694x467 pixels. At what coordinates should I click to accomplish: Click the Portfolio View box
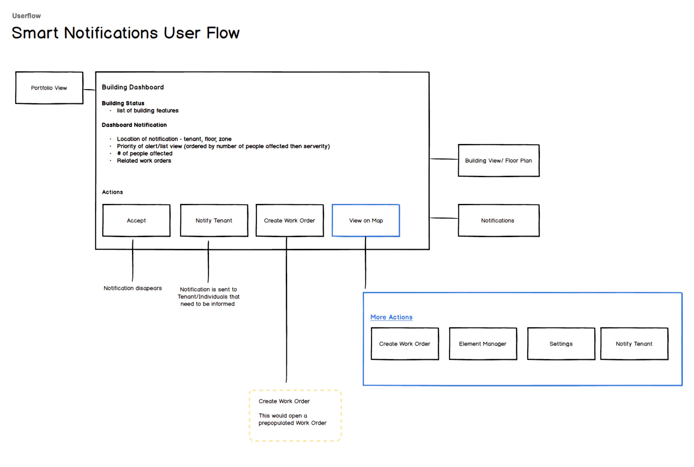tap(49, 88)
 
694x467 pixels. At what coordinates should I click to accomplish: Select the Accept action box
tap(136, 220)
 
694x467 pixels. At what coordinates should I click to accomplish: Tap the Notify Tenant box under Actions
tap(214, 220)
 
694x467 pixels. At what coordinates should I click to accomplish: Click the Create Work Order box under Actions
tap(290, 220)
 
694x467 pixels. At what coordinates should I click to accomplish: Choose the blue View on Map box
tap(366, 220)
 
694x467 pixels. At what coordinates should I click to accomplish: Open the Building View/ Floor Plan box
tap(499, 161)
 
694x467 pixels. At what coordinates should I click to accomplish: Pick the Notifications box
tap(499, 220)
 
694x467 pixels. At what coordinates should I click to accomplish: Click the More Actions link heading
tap(391, 317)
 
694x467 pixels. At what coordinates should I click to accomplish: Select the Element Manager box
tap(483, 344)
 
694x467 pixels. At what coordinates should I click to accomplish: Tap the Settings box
tap(561, 344)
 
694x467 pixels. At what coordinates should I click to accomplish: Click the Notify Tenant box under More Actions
tap(634, 344)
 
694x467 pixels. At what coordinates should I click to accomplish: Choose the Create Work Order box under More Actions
tap(405, 344)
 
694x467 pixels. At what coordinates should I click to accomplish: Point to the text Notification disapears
tap(133, 288)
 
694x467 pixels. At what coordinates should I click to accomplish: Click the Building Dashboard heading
tap(133, 87)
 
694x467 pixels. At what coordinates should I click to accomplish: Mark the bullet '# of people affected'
tap(145, 153)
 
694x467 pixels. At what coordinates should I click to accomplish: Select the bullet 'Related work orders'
tap(144, 161)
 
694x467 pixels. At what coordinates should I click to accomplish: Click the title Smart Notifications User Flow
tap(125, 33)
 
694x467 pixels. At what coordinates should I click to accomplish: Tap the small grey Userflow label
tap(26, 16)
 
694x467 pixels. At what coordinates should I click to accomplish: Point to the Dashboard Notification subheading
tap(134, 125)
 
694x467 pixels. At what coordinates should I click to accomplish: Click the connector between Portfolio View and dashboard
tap(89, 89)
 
